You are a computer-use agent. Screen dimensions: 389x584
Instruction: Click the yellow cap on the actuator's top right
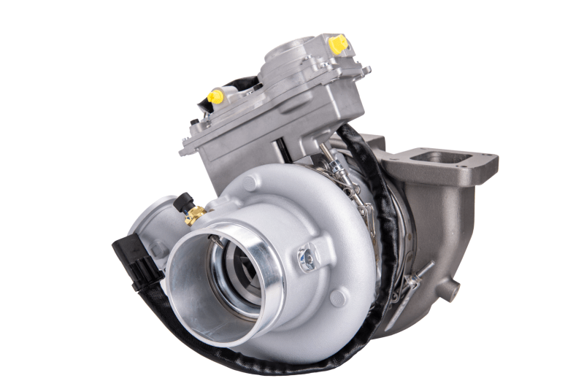coord(338,45)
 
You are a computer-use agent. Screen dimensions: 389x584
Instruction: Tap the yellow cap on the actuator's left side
coord(215,96)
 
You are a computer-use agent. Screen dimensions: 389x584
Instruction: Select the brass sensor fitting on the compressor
coord(194,215)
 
